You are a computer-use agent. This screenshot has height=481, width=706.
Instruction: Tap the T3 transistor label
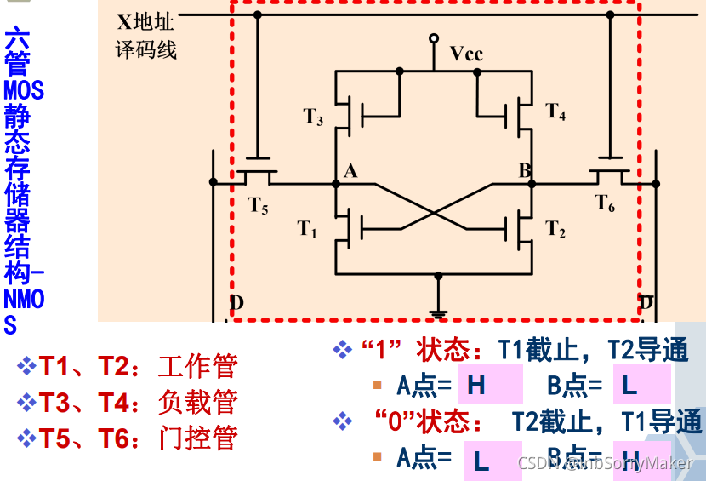(314, 117)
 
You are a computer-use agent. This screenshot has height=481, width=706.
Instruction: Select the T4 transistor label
(555, 112)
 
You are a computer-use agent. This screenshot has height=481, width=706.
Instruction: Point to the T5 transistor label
(259, 204)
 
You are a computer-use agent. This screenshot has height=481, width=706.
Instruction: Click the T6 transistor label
(605, 203)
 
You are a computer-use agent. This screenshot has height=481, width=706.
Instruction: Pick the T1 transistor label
(307, 228)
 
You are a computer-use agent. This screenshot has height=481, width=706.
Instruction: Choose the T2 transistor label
(555, 228)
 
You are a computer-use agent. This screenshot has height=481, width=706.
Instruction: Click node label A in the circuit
(350, 171)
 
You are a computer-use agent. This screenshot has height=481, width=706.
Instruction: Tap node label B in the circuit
(525, 171)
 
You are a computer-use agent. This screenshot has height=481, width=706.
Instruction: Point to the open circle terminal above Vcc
(434, 38)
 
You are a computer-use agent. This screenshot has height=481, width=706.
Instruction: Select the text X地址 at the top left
(145, 18)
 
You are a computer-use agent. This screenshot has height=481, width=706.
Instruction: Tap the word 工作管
(197, 367)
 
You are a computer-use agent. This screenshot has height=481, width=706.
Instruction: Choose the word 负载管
(197, 402)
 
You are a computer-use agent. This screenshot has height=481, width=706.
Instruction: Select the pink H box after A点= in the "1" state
(490, 386)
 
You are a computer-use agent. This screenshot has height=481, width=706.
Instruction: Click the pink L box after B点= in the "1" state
(641, 386)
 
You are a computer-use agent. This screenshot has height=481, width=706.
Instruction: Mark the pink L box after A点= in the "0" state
(493, 461)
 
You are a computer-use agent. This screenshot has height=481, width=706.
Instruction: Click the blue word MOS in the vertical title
(24, 89)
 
